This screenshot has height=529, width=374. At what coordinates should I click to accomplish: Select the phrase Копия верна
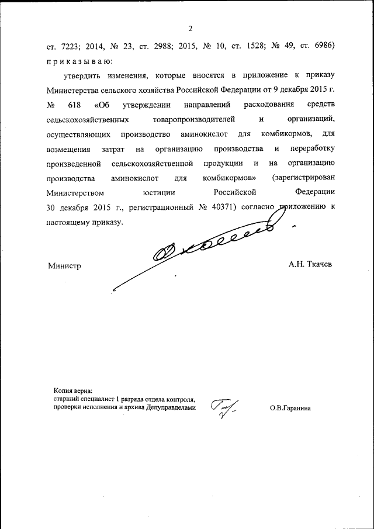point(73,391)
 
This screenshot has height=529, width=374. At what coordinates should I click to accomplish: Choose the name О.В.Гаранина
point(290,409)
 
